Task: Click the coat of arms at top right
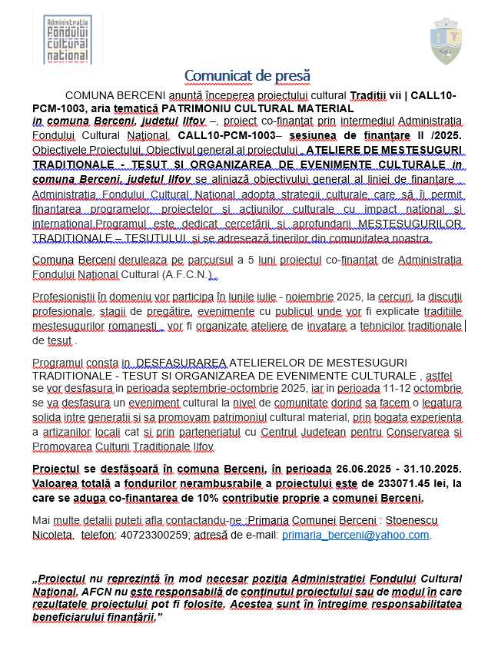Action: point(445,43)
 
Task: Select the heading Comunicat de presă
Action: point(247,75)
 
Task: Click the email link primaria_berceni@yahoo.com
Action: point(356,535)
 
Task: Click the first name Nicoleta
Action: point(52,535)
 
